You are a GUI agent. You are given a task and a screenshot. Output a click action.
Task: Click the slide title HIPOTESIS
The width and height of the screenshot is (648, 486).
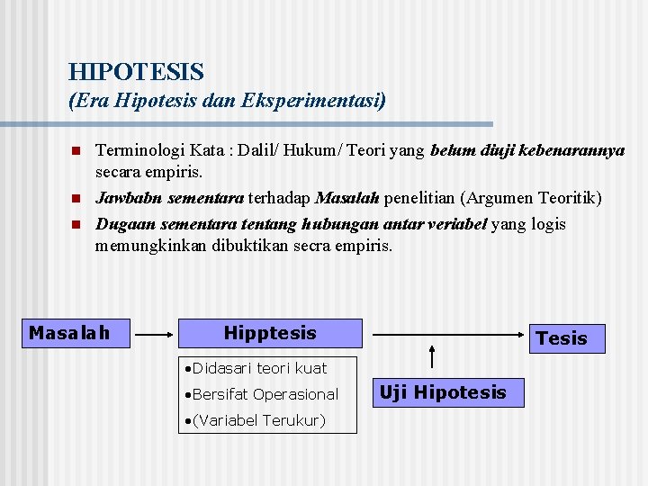pyautogui.click(x=136, y=71)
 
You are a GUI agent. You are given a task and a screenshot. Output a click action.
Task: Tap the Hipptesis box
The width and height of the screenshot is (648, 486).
pyautogui.click(x=270, y=333)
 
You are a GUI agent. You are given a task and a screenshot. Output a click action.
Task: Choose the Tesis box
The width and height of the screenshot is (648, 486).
pyautogui.click(x=561, y=338)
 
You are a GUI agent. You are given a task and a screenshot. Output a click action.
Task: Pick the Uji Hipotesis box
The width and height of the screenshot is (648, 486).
pyautogui.click(x=443, y=392)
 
